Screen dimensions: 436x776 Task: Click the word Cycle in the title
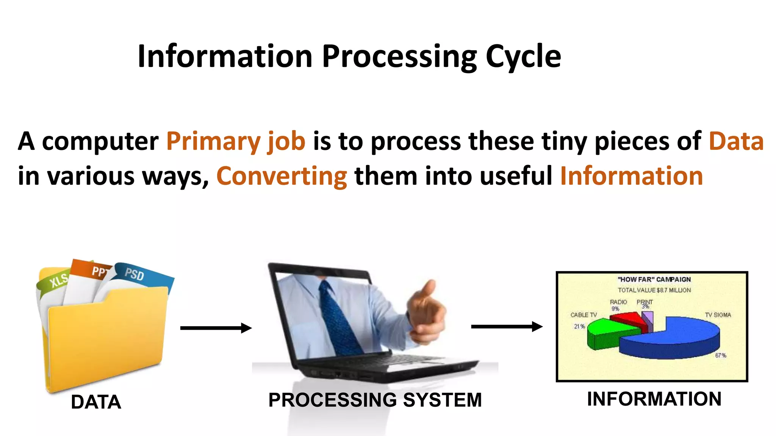pos(523,57)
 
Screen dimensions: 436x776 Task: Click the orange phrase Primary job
pos(236,142)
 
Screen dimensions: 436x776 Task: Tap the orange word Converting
pos(282,176)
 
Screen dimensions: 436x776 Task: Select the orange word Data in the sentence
pos(736,142)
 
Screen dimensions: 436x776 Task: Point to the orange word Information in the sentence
pos(631,176)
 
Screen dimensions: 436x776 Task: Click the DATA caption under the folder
pos(96,402)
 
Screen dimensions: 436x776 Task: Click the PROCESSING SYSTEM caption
pos(375,400)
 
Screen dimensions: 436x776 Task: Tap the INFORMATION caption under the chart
pos(654,399)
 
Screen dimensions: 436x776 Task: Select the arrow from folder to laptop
pos(216,328)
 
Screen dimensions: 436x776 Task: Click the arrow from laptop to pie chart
pos(507,326)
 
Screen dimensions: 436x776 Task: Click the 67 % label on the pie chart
pos(720,355)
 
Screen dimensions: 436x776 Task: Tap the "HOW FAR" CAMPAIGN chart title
pos(654,279)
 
